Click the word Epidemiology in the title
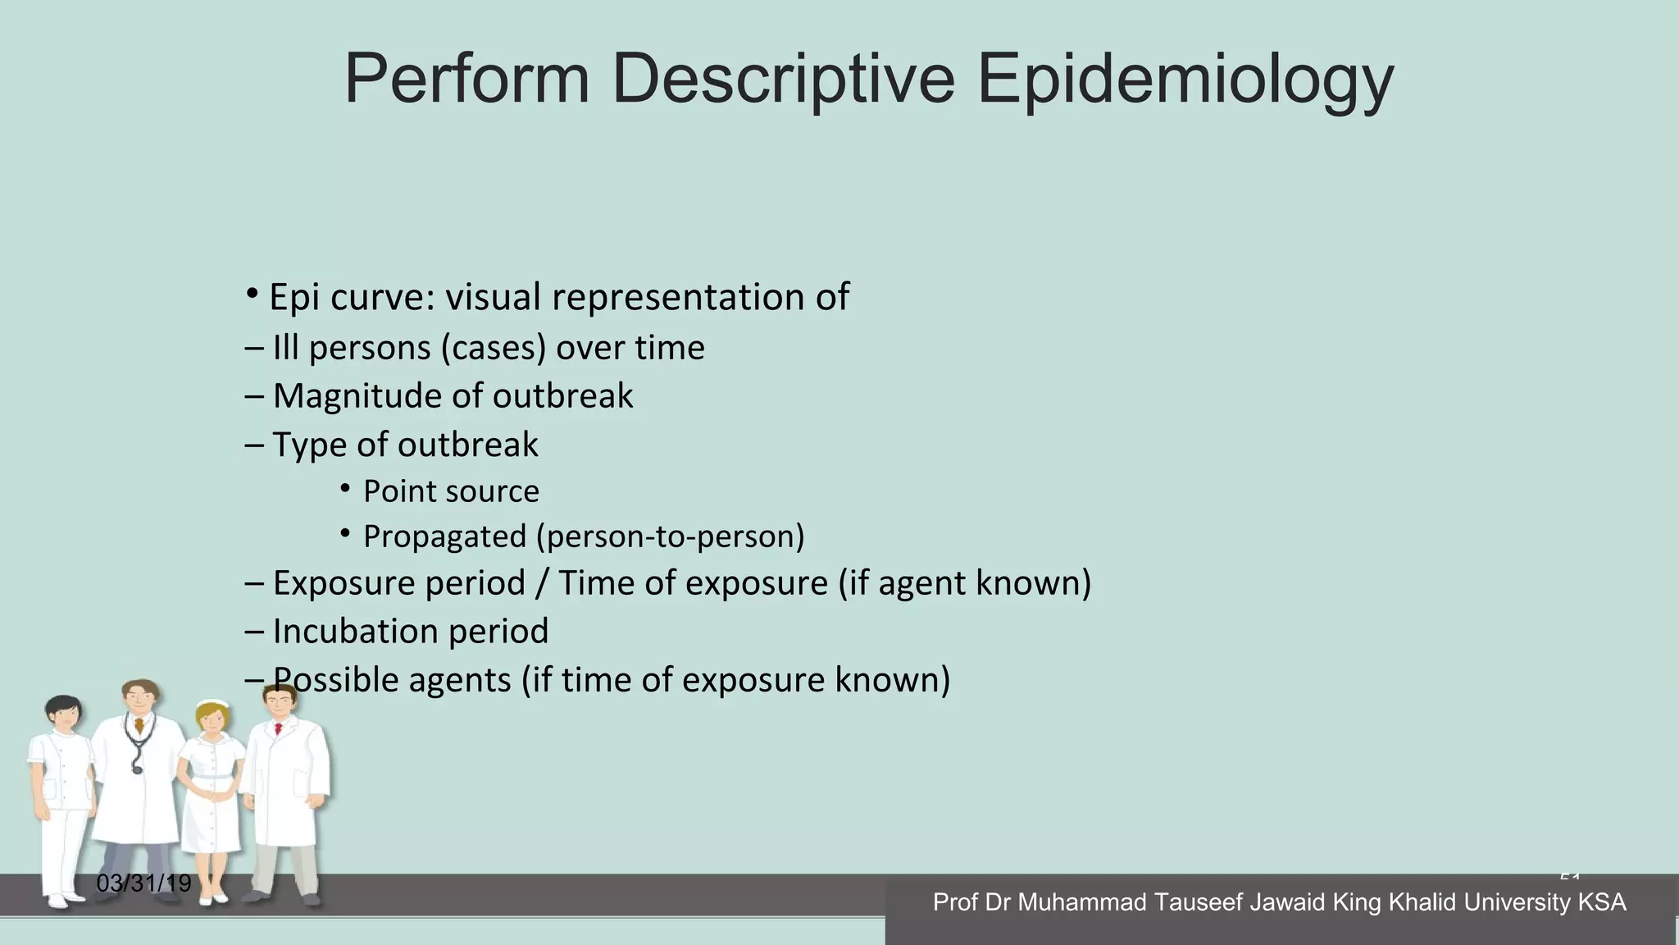coord(1185,80)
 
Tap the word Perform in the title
coord(466,80)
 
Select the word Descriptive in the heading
coord(783,80)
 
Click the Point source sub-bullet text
coord(451,491)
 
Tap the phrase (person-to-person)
coord(671,536)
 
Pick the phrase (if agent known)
coord(965,583)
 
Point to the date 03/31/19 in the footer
coord(143,883)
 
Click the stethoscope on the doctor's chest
coord(137,746)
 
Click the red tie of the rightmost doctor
coord(279,728)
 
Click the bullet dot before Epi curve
coord(253,294)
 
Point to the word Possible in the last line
coord(336,680)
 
